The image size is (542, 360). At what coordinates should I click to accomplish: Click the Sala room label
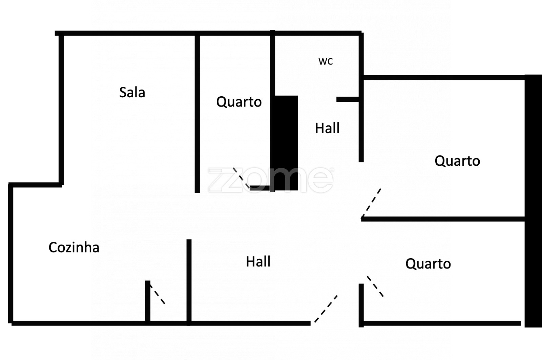132,92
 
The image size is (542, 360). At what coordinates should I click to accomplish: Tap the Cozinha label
74,247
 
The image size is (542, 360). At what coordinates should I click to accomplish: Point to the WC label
326,61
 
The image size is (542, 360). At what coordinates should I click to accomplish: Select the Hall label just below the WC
327,128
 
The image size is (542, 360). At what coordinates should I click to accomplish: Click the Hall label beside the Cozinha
258,262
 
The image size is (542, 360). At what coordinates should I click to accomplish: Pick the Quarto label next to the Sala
239,102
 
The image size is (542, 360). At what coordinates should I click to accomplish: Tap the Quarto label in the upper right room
457,161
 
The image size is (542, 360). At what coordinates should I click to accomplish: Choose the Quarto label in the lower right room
428,264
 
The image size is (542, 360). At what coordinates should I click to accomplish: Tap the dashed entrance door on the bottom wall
326,309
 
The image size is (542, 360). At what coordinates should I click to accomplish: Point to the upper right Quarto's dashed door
371,203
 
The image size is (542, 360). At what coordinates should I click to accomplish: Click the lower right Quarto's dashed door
375,286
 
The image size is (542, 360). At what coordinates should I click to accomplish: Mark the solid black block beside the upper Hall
286,142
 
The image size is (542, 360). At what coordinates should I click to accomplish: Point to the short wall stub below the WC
348,99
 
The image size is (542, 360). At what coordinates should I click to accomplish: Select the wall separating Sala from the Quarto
197,114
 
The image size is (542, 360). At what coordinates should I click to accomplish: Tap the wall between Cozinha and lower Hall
189,281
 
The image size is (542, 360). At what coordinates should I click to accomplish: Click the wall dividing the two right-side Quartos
443,219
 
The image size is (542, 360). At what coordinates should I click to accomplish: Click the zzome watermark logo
270,180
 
